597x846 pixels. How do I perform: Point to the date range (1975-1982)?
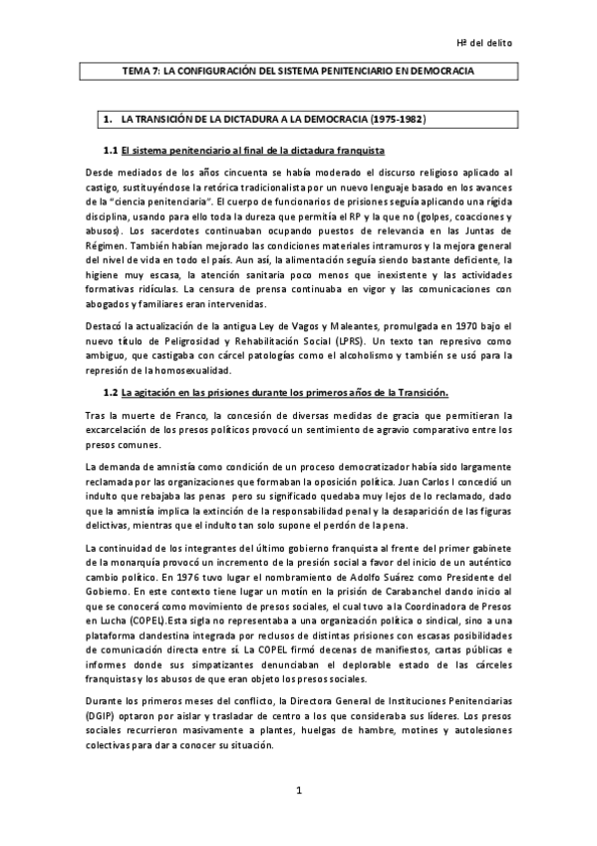[x=399, y=120]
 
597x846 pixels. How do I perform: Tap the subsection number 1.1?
[x=111, y=150]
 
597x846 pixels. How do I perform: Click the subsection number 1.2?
[x=111, y=363]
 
